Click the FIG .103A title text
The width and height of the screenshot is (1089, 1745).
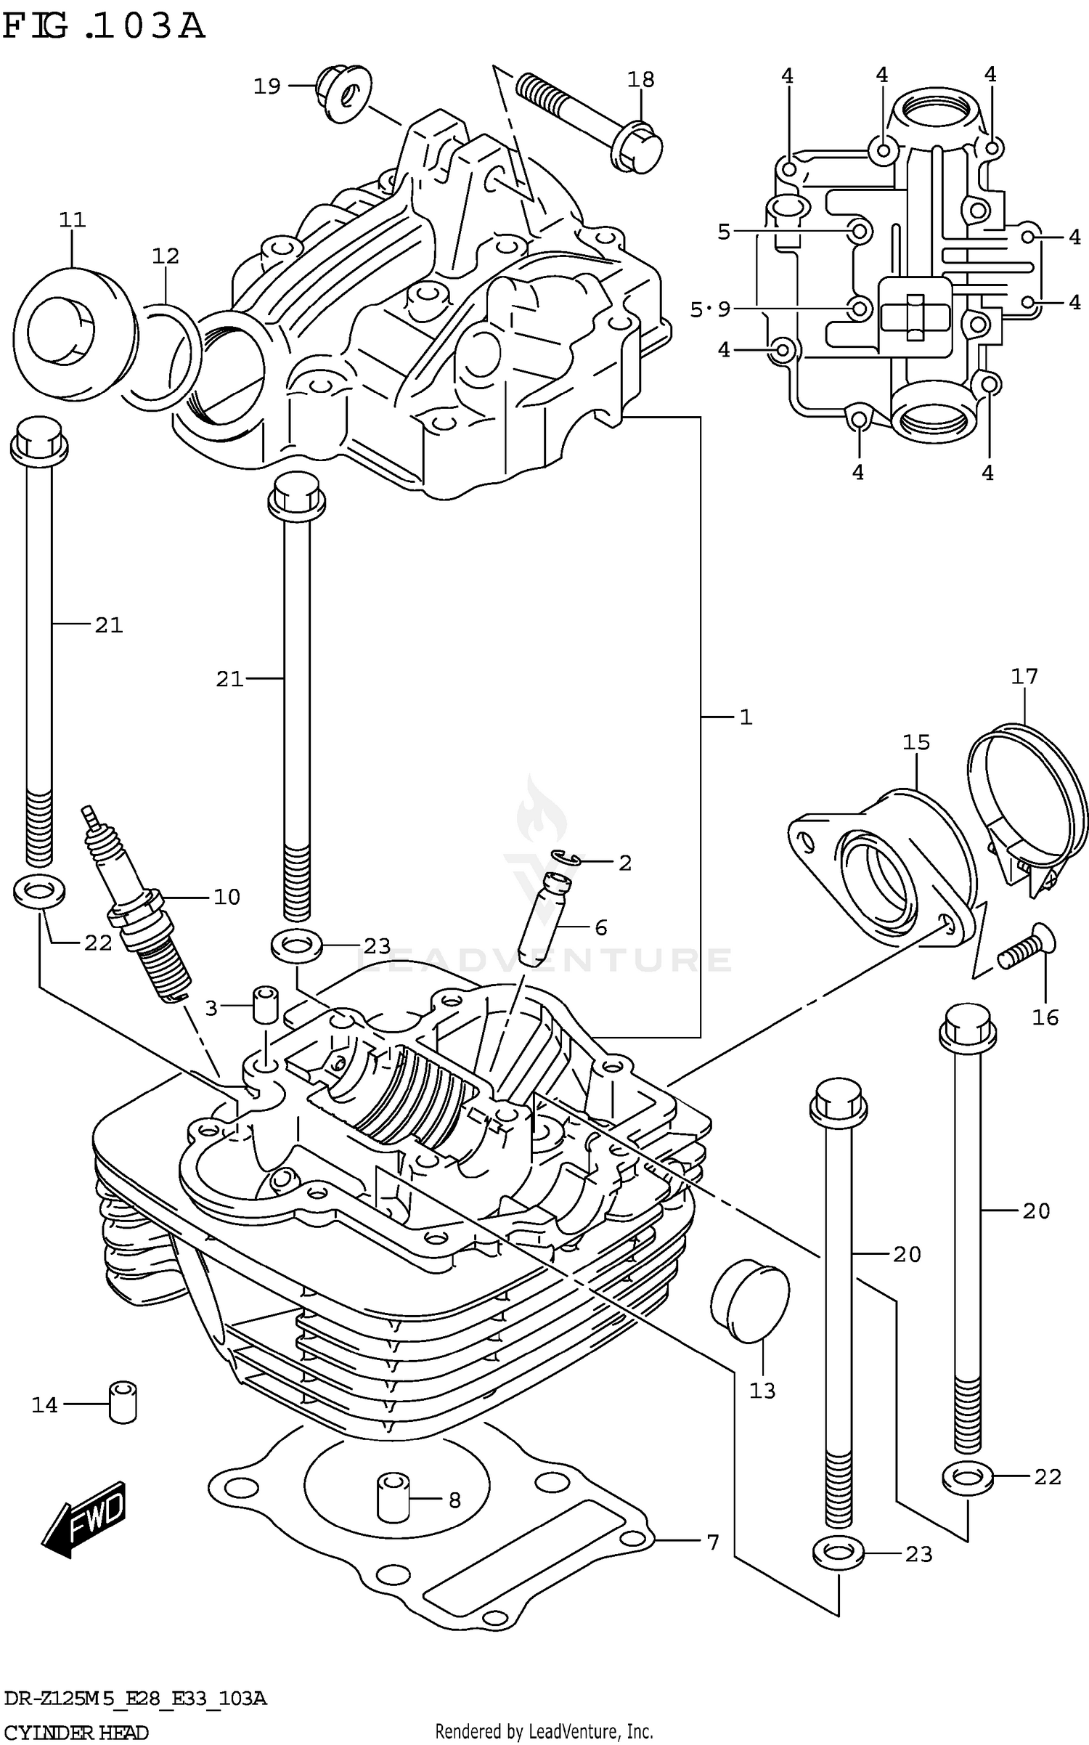coord(104,27)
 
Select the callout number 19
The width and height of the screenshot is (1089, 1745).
coord(266,86)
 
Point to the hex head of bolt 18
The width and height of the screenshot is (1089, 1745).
coord(637,149)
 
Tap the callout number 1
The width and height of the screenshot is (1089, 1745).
coord(746,717)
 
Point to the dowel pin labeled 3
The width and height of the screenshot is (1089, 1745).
coord(266,1004)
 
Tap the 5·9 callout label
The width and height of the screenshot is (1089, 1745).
coord(709,310)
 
